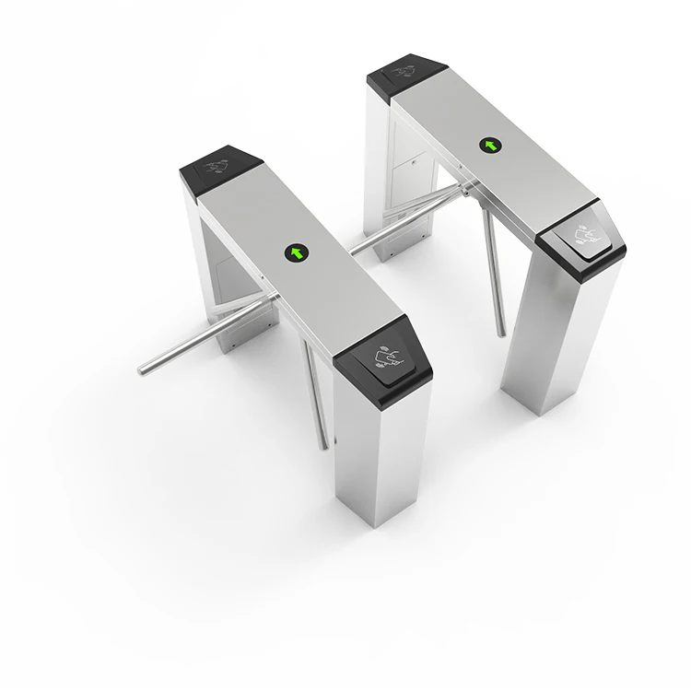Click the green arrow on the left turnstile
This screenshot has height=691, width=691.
(x=297, y=252)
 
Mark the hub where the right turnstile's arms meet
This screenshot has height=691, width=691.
(x=466, y=192)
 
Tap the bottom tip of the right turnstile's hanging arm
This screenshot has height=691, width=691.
(x=502, y=334)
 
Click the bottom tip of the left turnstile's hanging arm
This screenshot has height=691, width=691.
(x=322, y=447)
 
